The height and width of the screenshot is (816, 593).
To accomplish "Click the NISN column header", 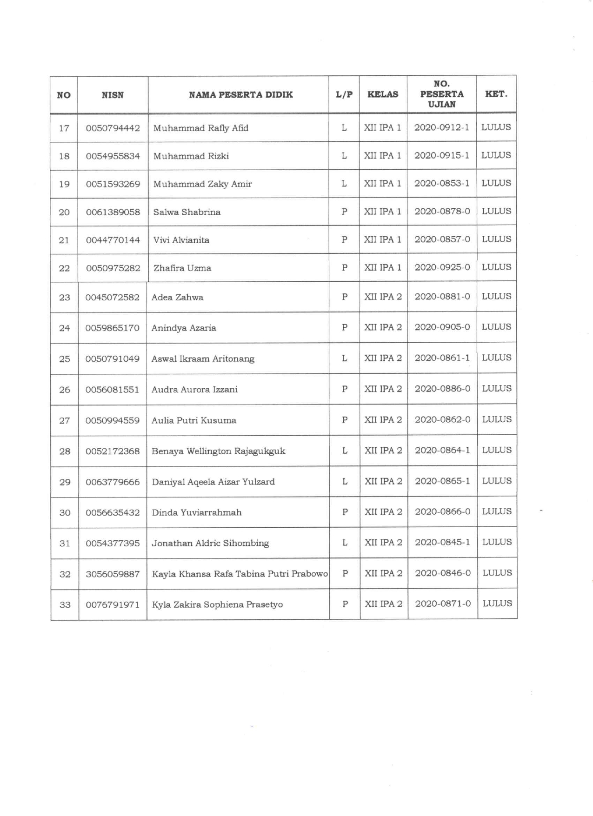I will [x=113, y=95].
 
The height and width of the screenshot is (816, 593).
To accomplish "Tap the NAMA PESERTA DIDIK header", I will [x=240, y=95].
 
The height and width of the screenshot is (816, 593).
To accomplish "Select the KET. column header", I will [x=496, y=94].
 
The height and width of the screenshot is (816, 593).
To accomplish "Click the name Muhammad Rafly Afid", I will [x=200, y=128].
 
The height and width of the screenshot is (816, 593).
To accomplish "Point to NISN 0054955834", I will [x=113, y=156].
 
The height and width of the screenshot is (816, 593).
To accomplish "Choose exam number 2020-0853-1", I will [x=442, y=183].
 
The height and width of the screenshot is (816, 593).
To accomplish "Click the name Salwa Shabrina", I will [x=187, y=212].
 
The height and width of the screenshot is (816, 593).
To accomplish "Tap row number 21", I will [x=64, y=240].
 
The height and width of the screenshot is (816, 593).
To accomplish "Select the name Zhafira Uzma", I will [x=182, y=268].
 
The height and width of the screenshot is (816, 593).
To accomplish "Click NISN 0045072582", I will [x=112, y=297].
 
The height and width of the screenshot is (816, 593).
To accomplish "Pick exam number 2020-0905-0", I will [x=442, y=327].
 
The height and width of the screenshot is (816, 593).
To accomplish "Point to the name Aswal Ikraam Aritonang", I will [x=203, y=358].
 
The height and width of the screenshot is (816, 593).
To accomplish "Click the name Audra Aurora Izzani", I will [x=194, y=389].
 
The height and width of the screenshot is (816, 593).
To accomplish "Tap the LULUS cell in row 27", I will [x=497, y=419].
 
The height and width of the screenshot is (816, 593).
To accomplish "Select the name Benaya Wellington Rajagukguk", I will [x=218, y=451].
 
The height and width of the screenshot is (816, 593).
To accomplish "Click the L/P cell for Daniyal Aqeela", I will [x=345, y=481].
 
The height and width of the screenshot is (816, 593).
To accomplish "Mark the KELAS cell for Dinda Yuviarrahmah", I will [x=383, y=512].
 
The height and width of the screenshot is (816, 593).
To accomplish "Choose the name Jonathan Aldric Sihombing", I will [x=210, y=543].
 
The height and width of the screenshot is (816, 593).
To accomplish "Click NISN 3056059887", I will [x=113, y=574].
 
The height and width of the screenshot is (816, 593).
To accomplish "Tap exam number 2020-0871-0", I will [x=443, y=604].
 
